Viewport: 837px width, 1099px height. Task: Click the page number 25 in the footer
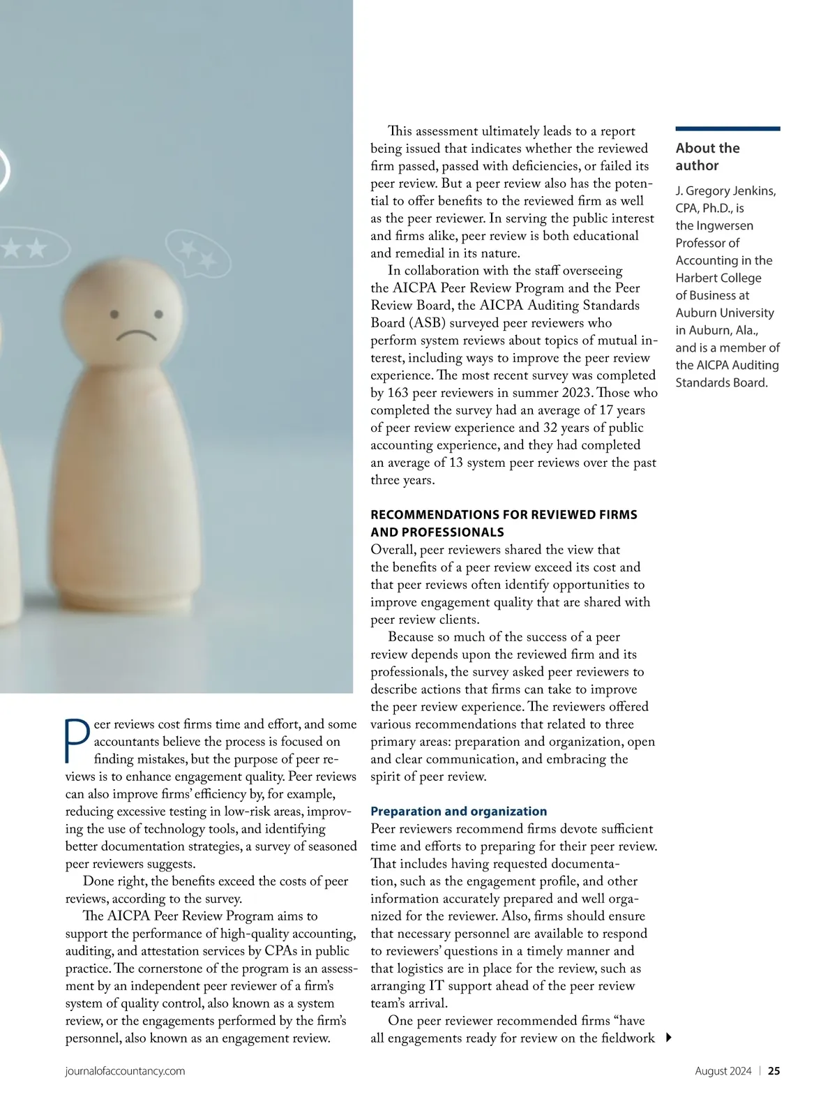click(774, 1071)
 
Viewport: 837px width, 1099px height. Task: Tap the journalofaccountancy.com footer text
click(126, 1071)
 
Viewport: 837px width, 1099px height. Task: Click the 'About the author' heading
click(707, 157)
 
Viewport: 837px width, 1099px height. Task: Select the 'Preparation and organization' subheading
click(458, 812)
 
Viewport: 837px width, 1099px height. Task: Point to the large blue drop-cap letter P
click(77, 741)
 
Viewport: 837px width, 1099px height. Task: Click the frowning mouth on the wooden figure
click(137, 335)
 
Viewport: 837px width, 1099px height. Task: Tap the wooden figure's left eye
click(114, 315)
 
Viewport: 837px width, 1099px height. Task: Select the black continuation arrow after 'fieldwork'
click(668, 1038)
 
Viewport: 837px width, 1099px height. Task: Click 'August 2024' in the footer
click(723, 1071)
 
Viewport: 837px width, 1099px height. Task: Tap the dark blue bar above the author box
click(727, 128)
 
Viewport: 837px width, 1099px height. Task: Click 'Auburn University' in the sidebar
click(725, 313)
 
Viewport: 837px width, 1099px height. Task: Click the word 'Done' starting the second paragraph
click(98, 881)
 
